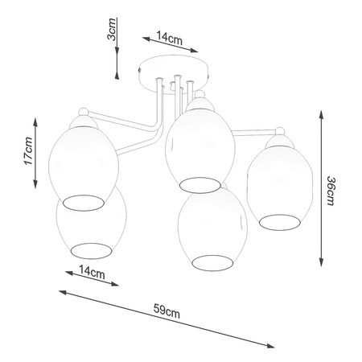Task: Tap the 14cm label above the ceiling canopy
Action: pos(168,37)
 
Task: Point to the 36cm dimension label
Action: pos(331,191)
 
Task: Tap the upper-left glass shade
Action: pos(84,161)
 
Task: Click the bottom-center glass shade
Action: pos(208,229)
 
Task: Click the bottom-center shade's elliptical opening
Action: pos(209,262)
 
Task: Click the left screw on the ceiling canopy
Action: pos(144,71)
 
